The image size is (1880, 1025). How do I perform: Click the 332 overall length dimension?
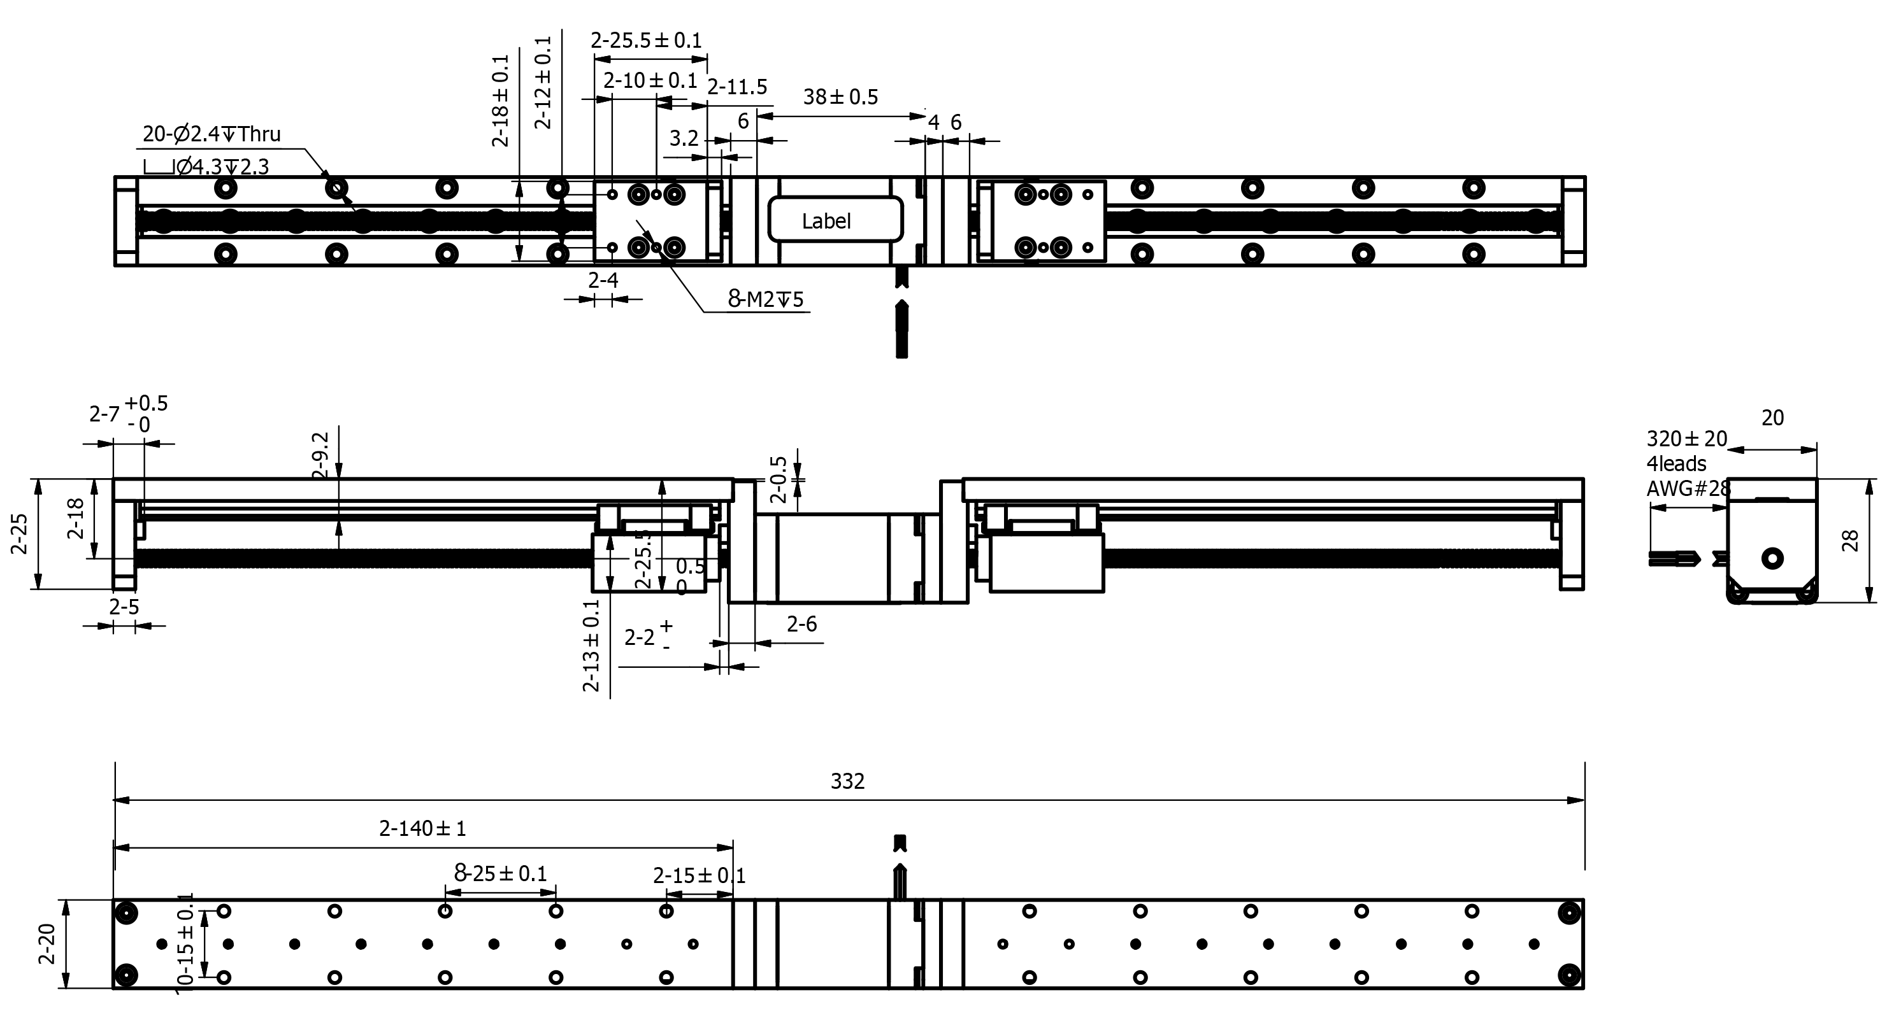847,781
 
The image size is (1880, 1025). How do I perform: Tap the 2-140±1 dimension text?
422,828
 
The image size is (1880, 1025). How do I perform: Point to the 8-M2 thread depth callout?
766,299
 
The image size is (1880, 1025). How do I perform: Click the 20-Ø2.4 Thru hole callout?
211,134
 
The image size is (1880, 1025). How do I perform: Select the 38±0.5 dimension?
840,97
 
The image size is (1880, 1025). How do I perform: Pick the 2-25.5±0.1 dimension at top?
646,40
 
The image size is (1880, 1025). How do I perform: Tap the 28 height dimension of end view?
1850,541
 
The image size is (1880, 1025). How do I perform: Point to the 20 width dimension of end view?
1772,418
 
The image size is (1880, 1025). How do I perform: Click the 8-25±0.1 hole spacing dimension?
501,873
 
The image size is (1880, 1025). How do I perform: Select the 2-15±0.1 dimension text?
698,875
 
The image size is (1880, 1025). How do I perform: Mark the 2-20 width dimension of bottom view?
47,944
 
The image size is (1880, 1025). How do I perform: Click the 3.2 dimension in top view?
684,138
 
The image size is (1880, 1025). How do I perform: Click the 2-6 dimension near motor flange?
801,624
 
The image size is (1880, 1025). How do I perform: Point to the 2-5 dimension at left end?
124,607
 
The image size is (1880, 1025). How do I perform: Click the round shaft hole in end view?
1772,559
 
